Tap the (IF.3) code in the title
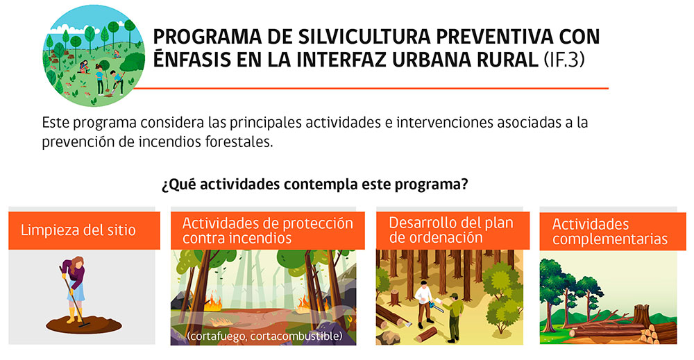click(x=564, y=60)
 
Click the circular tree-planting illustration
click(x=94, y=55)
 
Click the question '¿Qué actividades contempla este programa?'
click(x=314, y=184)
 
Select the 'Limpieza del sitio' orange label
click(x=84, y=230)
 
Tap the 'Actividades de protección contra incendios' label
click(x=268, y=230)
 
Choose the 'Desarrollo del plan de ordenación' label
click(x=452, y=230)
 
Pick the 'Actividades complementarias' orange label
click(x=613, y=231)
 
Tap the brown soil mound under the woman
click(x=84, y=325)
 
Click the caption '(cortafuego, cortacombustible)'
click(x=264, y=336)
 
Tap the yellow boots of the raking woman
click(x=74, y=315)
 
